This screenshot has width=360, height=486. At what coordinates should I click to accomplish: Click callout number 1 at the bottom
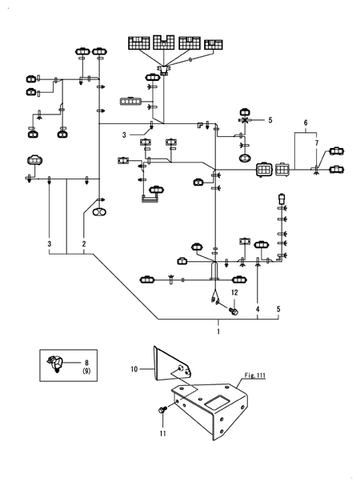pos(218,329)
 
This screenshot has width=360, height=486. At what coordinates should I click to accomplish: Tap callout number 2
pos(83,243)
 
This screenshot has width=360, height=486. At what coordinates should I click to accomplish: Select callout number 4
pos(258,308)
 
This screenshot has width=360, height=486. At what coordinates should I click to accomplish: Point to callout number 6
pos(305,124)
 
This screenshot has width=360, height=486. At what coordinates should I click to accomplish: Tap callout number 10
pos(134,369)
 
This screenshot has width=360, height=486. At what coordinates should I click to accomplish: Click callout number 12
pos(234,294)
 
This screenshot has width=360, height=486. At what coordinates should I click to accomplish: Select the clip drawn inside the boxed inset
pos(58,366)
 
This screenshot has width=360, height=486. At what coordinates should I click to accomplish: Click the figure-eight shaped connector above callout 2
pos(99,213)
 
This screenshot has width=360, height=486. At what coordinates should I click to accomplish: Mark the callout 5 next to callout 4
pos(278,308)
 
